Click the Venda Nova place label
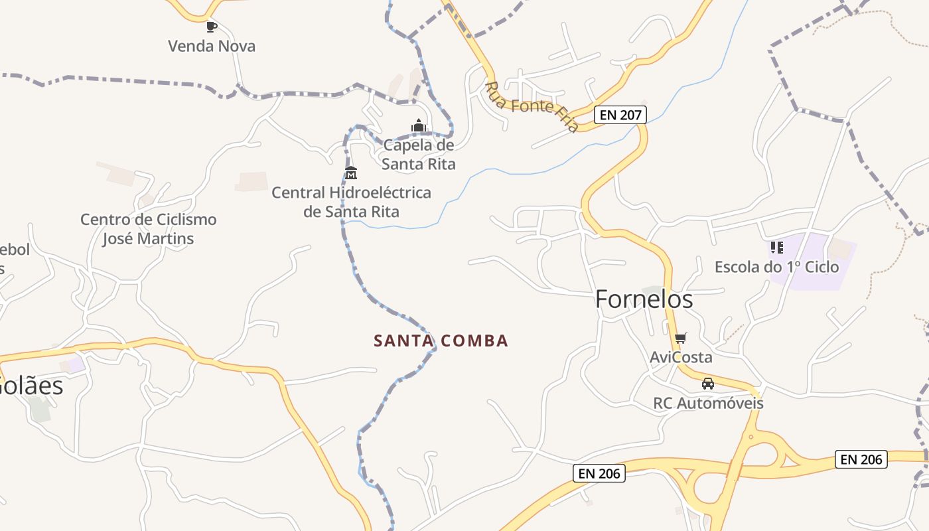click(211, 46)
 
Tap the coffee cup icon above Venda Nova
click(211, 27)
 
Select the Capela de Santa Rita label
click(419, 154)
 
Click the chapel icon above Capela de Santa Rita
click(419, 125)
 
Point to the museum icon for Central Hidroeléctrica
click(351, 174)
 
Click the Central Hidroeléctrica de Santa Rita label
click(351, 202)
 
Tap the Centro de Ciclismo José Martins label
click(148, 228)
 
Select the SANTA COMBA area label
click(441, 341)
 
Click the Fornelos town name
click(644, 299)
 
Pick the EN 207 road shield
click(620, 115)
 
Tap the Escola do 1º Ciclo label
click(776, 267)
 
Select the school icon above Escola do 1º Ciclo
click(776, 248)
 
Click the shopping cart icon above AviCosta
click(680, 339)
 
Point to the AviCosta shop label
click(681, 357)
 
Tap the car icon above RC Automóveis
click(708, 384)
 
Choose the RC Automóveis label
click(708, 403)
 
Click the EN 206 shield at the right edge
click(861, 459)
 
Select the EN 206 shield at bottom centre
click(599, 473)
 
